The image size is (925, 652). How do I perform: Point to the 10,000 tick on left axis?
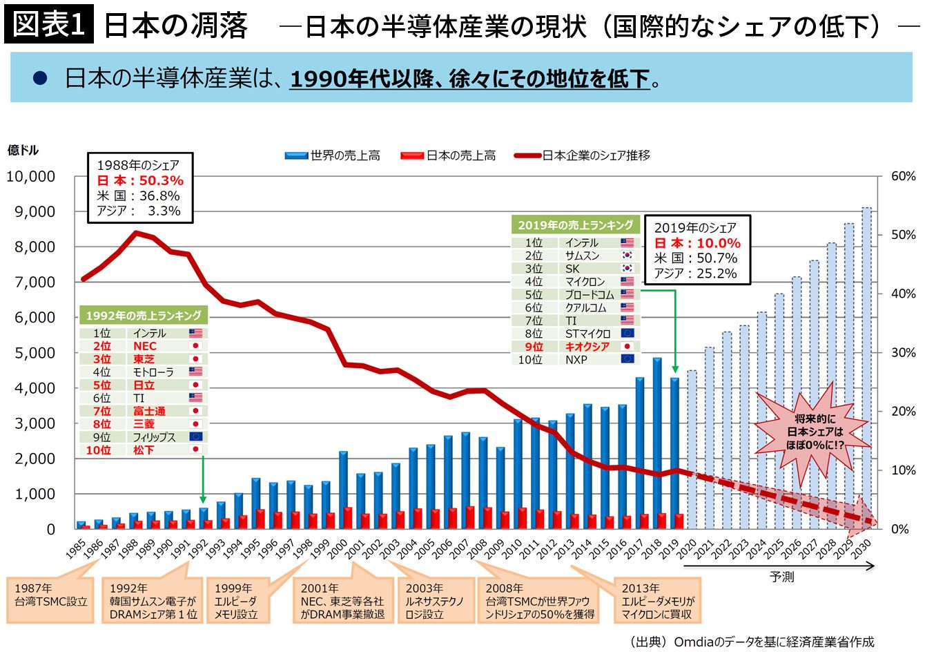tap(31, 176)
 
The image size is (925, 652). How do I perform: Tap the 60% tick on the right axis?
tap(903, 176)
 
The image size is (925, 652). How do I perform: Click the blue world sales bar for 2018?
tap(657, 442)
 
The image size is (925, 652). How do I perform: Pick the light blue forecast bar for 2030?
tap(866, 366)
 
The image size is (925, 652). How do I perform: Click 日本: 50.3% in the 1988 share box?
tap(140, 181)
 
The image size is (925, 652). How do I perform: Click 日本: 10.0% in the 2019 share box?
tap(697, 243)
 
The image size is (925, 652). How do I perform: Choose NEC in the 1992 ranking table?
tap(145, 346)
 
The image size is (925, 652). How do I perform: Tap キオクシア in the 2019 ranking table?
tap(587, 347)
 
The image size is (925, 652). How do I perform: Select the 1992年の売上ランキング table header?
tap(144, 316)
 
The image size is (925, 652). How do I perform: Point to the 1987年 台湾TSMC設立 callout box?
tap(51, 595)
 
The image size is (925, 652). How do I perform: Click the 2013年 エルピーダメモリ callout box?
tap(658, 601)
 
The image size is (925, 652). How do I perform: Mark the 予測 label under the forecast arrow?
tap(781, 577)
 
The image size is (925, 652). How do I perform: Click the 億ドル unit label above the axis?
tap(23, 151)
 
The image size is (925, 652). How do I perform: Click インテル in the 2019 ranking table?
tap(581, 243)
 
